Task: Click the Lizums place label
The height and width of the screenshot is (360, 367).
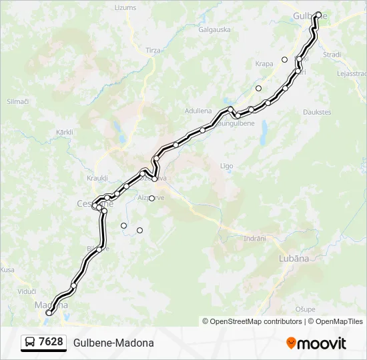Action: point(125,7)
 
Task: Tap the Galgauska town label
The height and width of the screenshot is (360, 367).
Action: point(214,29)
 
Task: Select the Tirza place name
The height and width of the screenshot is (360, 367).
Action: point(153,50)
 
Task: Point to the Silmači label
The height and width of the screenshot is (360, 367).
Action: point(17,101)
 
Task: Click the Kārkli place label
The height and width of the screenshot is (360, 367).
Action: point(65,132)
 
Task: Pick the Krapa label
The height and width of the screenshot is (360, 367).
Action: point(264,64)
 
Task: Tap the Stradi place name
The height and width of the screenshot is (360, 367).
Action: point(332,55)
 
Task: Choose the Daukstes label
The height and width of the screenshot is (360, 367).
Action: point(317,112)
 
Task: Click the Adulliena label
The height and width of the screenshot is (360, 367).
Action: point(198,110)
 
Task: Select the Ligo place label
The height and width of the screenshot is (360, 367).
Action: point(226,165)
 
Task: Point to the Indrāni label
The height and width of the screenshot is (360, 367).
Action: point(254,238)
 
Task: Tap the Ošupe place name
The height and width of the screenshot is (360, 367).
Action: point(305,309)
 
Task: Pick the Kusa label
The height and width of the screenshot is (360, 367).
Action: point(7,269)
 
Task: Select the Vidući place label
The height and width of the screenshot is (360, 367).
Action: point(27,291)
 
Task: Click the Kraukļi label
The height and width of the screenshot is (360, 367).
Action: point(97,178)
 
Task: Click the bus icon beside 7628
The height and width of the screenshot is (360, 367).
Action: point(30,342)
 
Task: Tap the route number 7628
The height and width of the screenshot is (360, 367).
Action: point(51,342)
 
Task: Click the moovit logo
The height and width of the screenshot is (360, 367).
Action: point(316,343)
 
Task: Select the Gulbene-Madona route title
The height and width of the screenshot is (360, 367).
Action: point(113,343)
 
